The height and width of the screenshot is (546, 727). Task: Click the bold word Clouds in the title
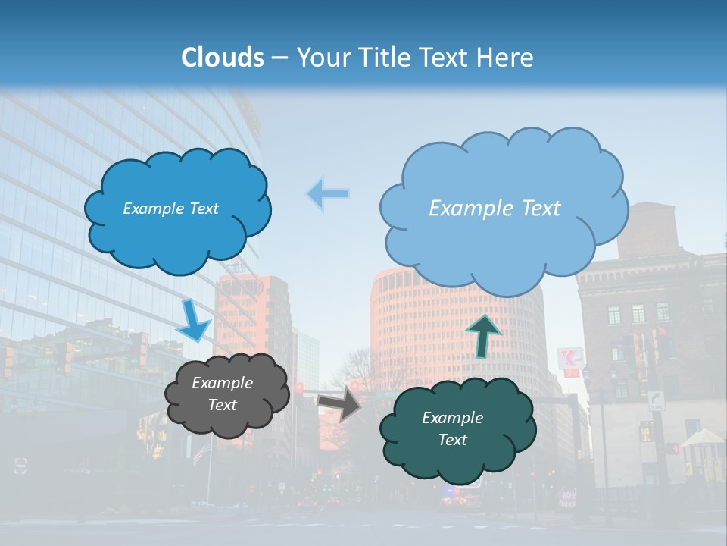pyautogui.click(x=223, y=58)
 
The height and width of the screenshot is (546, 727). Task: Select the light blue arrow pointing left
pyautogui.click(x=329, y=193)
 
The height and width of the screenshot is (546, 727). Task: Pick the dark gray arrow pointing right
pyautogui.click(x=340, y=402)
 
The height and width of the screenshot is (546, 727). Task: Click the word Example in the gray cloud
pyautogui.click(x=222, y=383)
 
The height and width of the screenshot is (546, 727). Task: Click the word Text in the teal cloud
pyautogui.click(x=453, y=440)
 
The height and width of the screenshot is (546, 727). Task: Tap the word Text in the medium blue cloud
pyautogui.click(x=202, y=209)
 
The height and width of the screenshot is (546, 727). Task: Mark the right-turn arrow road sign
pyautogui.click(x=656, y=400)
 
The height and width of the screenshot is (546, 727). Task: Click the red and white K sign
pyautogui.click(x=569, y=359)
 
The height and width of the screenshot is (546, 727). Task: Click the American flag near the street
pyautogui.click(x=201, y=453)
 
